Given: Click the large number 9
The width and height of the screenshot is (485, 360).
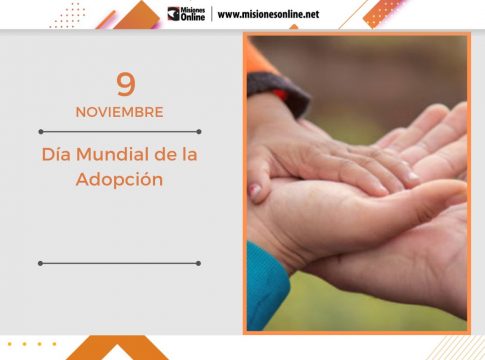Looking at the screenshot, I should (125, 85).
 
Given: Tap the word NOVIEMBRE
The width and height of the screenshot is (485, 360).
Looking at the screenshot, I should (119, 112).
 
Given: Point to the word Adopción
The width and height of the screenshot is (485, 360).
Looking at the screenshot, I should (119, 181).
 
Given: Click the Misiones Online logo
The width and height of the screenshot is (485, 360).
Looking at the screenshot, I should (187, 14).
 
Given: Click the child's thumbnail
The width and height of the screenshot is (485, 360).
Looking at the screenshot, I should (257, 190).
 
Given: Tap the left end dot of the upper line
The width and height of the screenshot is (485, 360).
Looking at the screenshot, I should (40, 131).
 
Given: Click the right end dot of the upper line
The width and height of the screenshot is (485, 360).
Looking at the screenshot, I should (199, 131).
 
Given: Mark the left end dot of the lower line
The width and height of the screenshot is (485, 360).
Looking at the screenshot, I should (40, 263).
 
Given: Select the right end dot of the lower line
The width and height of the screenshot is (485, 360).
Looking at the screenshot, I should (199, 263).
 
